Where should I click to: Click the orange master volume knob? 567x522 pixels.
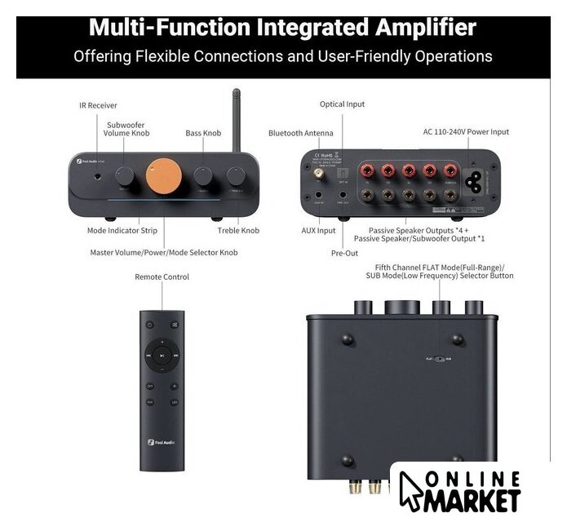click(161, 175)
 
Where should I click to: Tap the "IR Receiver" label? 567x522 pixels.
click(98, 105)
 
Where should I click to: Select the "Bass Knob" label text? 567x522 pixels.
click(203, 133)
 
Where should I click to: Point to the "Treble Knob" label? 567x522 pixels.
click(238, 231)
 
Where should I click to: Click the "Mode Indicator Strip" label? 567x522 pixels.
click(122, 231)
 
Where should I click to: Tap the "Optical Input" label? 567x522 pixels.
click(343, 104)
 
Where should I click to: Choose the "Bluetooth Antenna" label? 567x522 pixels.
click(301, 133)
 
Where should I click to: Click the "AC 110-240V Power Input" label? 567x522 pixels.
click(466, 131)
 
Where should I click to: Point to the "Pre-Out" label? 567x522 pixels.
click(343, 254)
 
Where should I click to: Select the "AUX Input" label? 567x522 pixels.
click(318, 231)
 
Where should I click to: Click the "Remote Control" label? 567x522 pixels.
click(162, 277)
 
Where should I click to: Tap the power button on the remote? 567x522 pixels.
click(149, 324)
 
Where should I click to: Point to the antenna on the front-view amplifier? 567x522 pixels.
click(237, 114)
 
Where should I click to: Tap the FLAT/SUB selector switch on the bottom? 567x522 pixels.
click(441, 358)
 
